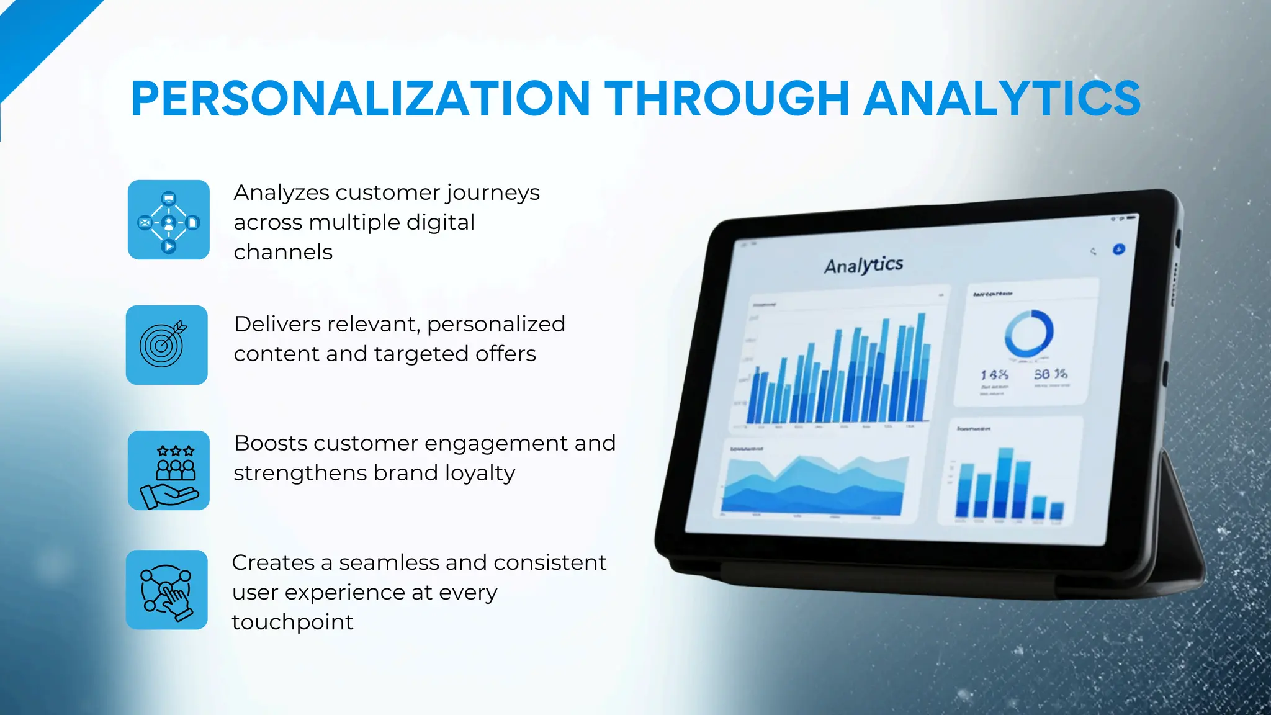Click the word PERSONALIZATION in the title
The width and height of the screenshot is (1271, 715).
coord(360,99)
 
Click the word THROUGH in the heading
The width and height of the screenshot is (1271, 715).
coord(726,99)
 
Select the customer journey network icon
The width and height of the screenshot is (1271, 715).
coord(168,220)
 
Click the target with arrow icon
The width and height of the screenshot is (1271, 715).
coord(166,344)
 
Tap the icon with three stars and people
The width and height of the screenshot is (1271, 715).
coord(168,470)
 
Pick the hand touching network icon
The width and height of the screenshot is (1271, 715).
coord(166,590)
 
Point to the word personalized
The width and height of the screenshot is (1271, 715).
coord(495,324)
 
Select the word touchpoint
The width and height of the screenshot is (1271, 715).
coord(292,622)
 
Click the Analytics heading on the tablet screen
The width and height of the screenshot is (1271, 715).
coord(863,266)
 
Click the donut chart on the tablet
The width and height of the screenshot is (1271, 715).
coord(1028,334)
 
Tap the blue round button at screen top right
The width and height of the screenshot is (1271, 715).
coord(1118,250)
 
